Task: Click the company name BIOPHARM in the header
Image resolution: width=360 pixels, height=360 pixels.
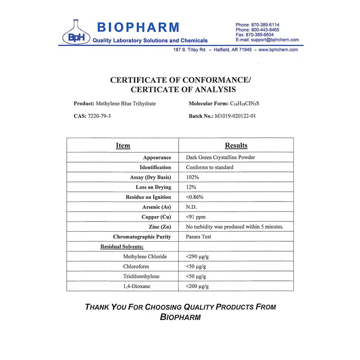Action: [138, 27]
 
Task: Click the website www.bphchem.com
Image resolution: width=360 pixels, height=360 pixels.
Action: [278, 50]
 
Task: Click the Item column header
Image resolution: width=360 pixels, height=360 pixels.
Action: [123, 145]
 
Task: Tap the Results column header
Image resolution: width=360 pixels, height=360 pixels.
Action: [236, 145]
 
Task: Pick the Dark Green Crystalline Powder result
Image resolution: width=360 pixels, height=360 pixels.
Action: [220, 157]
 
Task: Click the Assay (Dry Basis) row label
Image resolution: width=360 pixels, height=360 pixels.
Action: [150, 177]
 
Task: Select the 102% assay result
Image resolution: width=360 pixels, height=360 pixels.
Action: [193, 177]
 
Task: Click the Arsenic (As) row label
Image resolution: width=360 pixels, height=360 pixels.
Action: [157, 207]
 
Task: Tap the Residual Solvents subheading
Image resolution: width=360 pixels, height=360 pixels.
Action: [122, 247]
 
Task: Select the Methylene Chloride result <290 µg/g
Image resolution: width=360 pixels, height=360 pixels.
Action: [197, 256]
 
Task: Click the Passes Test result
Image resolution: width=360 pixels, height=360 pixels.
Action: [198, 237]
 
